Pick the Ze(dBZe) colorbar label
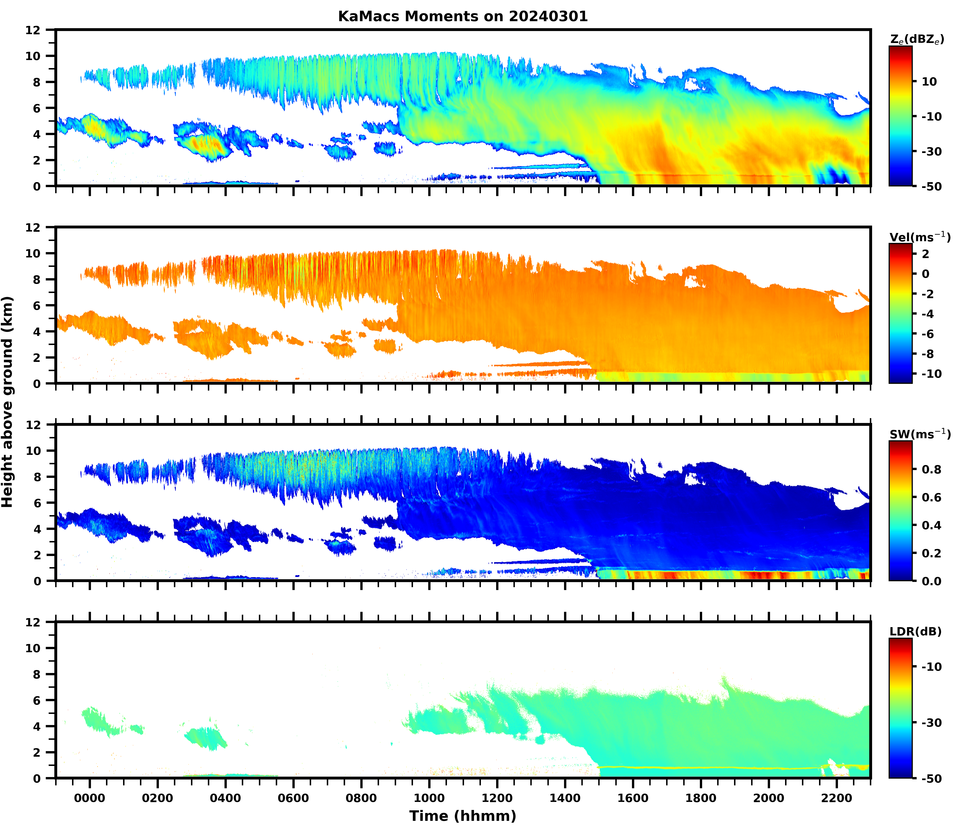tap(917, 40)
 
